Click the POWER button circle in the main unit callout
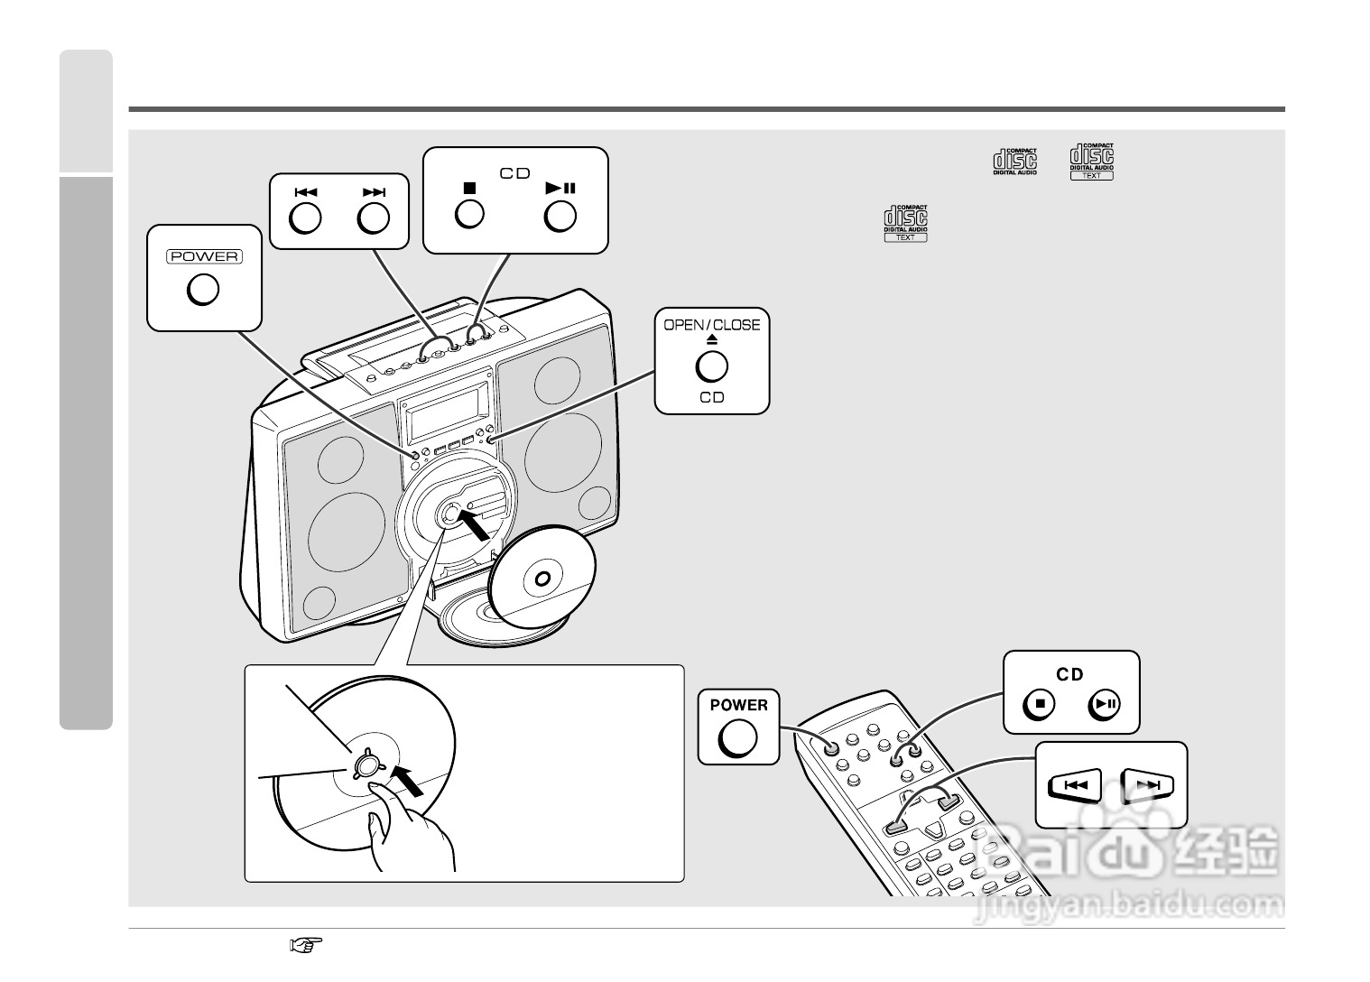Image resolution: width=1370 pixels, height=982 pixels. coord(203,290)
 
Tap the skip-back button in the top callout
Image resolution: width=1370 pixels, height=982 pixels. coord(306,218)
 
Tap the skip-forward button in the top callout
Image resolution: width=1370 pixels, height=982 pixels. coord(374,218)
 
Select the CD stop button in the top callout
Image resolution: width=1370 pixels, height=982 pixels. coord(469,214)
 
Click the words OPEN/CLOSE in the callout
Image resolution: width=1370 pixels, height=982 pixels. coord(712,325)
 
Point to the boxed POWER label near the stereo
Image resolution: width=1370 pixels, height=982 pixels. coord(204,256)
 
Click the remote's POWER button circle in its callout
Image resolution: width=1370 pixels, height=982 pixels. coord(737,737)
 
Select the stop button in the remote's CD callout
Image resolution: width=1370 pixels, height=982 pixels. coord(1040,704)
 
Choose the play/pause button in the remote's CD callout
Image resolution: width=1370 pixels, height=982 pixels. coord(1105,704)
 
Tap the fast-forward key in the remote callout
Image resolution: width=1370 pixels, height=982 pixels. coord(1147,785)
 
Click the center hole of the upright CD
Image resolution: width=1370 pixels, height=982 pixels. coord(542,579)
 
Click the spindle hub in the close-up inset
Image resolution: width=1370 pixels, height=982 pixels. coord(365,765)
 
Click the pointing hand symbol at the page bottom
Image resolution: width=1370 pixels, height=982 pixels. coord(306,945)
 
